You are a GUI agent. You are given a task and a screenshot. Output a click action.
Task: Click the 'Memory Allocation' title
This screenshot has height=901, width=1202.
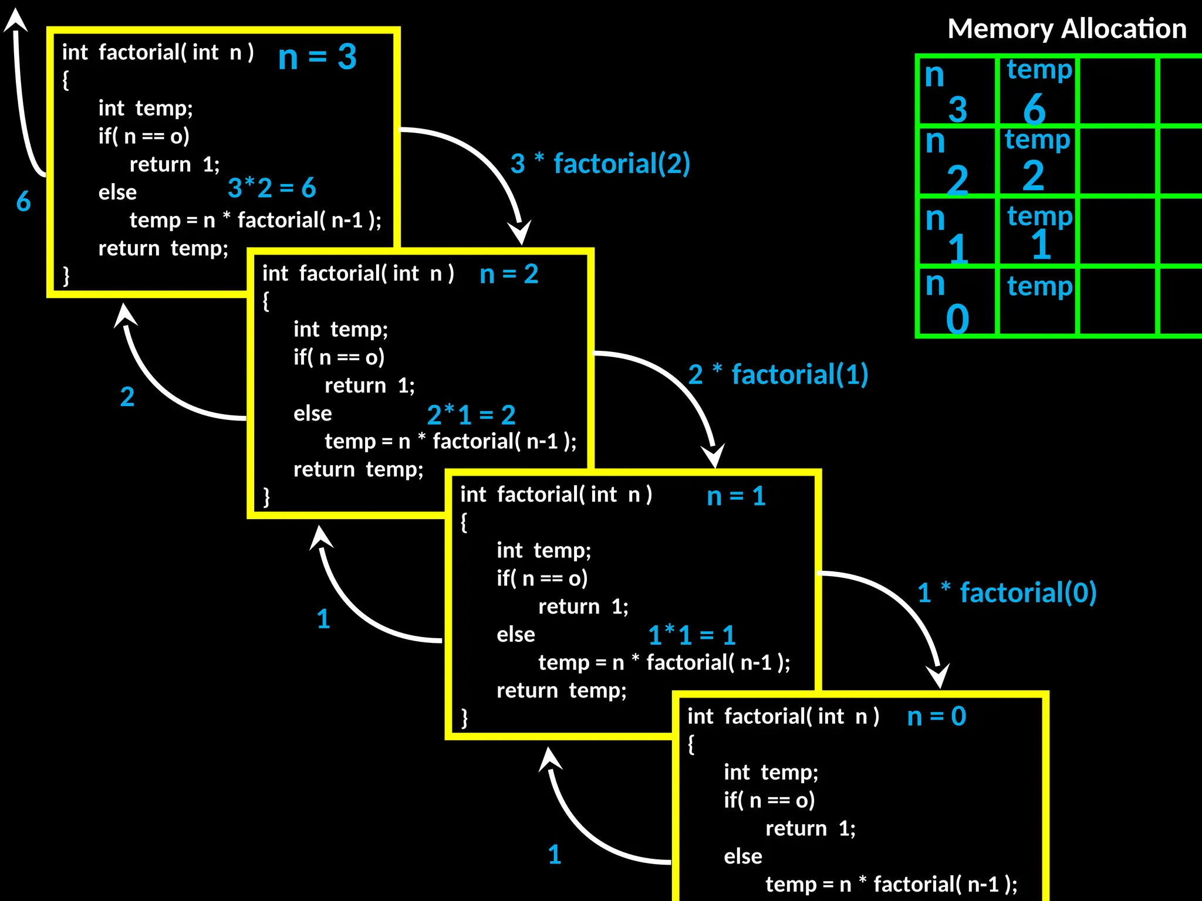tap(1066, 29)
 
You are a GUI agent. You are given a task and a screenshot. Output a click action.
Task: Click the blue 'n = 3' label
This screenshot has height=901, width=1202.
tap(317, 57)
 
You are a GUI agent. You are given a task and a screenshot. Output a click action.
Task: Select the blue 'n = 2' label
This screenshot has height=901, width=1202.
tap(508, 274)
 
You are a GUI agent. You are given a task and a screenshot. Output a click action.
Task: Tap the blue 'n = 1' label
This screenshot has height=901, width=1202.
tap(736, 496)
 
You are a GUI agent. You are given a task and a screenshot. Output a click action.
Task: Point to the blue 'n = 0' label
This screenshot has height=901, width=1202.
tap(936, 716)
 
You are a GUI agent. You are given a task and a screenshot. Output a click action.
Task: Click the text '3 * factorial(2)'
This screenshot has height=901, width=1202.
tap(600, 164)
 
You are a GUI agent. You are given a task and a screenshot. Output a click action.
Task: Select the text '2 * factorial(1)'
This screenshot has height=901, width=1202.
tap(778, 374)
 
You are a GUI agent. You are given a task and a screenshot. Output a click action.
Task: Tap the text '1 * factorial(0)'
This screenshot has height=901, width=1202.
tap(1007, 592)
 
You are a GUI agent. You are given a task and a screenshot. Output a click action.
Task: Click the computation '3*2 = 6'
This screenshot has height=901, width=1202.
tap(272, 188)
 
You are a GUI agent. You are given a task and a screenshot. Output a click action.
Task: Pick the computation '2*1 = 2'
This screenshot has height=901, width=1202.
tap(471, 415)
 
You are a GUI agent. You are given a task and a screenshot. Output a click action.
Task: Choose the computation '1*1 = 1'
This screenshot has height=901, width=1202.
tap(691, 635)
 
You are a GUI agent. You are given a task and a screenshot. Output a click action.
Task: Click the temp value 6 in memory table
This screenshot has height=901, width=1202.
tap(1034, 109)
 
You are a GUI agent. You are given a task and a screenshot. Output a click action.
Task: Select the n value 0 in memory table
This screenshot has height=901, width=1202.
tap(957, 319)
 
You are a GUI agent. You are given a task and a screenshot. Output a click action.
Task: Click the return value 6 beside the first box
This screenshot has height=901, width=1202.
tap(23, 201)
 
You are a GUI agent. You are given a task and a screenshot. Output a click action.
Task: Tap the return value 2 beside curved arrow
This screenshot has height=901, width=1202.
tap(127, 397)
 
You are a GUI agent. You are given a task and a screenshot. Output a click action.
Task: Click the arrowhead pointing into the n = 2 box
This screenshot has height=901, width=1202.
tap(520, 232)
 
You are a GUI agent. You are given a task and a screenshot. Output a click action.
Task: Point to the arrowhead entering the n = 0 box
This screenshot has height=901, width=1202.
tap(938, 675)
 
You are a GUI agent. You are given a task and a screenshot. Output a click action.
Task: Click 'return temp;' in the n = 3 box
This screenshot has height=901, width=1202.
tap(163, 248)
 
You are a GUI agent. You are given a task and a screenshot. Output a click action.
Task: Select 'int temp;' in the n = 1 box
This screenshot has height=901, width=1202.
tap(543, 550)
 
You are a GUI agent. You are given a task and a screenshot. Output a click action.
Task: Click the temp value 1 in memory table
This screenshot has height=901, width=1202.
tap(1041, 245)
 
